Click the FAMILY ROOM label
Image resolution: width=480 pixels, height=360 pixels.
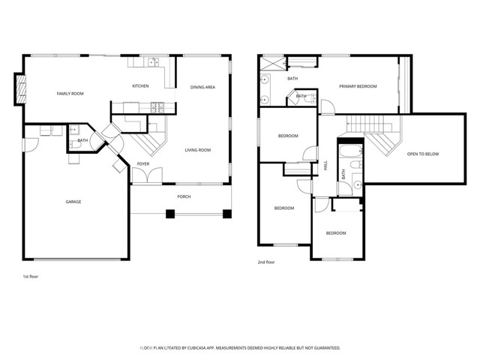click(x=70, y=94)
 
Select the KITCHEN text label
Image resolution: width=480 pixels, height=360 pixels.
click(x=140, y=86)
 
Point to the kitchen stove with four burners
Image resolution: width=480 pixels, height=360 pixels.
click(x=156, y=107)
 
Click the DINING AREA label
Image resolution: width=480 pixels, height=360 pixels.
click(x=202, y=88)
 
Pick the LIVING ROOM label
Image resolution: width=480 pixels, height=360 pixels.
click(x=198, y=150)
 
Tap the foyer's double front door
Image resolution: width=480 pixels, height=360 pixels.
click(x=145, y=176)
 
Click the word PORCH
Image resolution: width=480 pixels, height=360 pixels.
click(x=184, y=196)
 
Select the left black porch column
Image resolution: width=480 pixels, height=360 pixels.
click(x=170, y=214)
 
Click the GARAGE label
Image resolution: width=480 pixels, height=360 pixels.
click(x=73, y=202)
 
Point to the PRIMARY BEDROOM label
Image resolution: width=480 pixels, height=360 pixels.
click(x=358, y=87)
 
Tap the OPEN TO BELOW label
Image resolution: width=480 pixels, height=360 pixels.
click(x=423, y=154)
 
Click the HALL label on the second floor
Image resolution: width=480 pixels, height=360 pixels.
click(x=325, y=167)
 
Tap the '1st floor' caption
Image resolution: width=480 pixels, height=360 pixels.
click(x=30, y=277)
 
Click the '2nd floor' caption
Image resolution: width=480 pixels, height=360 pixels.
click(x=266, y=262)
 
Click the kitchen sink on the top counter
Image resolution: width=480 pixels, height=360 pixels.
click(x=153, y=63)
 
